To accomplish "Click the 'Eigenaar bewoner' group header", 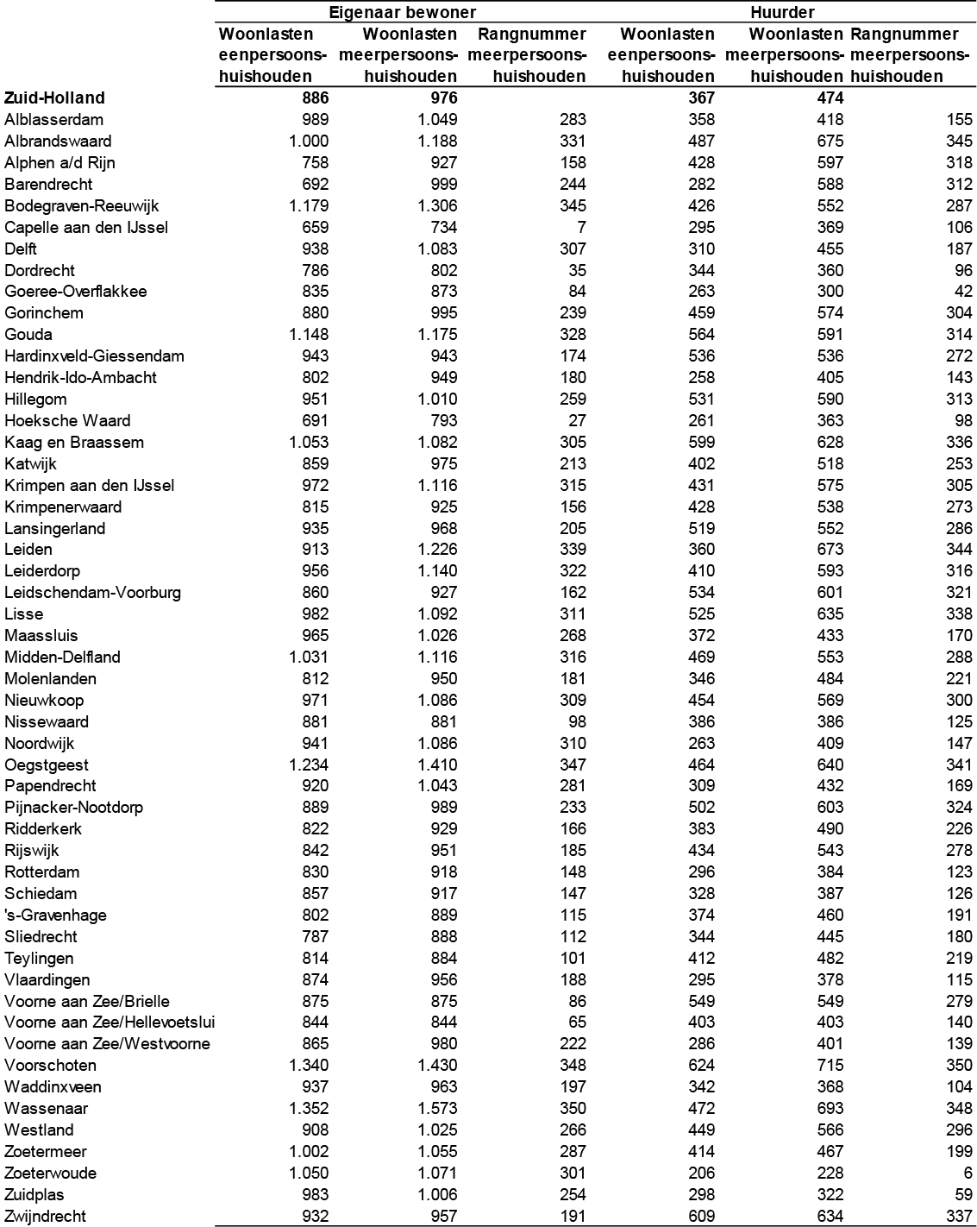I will [402, 12].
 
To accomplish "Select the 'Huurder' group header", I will [782, 12].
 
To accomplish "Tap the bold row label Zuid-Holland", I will [54, 98].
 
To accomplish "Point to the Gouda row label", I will [28, 335].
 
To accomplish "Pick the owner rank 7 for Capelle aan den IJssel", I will [581, 228].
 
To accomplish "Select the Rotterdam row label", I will [42, 872].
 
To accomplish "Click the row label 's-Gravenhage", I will [55, 916].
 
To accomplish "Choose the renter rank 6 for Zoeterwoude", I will [968, 1174].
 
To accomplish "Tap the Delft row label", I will [21, 249].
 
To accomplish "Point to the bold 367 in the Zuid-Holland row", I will [701, 98].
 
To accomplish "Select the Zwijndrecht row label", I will [46, 1217].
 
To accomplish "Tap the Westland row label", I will [39, 1130].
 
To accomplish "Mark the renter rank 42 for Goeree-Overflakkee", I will [962, 292].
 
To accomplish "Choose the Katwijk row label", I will [31, 464].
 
